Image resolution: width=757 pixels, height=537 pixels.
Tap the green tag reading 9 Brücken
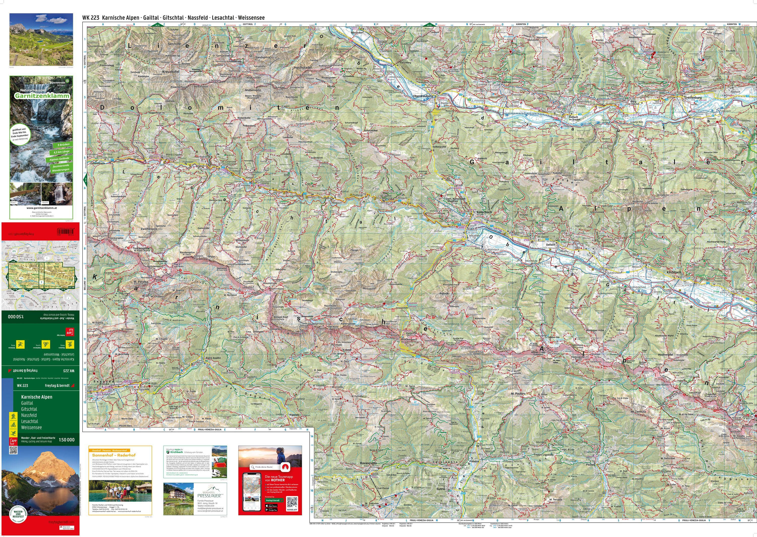coord(63,144)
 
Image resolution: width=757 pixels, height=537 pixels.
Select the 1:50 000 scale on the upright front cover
coord(67,440)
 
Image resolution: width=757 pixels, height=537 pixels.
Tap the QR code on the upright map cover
coord(13,450)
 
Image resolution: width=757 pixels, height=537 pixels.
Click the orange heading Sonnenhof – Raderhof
coord(114,455)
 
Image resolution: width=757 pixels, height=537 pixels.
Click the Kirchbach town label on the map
coord(674,272)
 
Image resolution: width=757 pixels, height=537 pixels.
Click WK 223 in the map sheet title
coord(91,18)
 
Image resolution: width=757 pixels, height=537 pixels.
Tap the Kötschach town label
coord(484,212)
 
